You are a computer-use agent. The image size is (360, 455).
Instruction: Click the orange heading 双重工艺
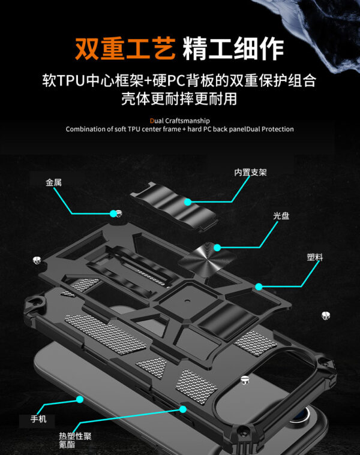(125, 48)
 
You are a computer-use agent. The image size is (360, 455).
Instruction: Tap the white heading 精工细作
(233, 48)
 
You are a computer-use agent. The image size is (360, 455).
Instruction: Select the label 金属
(53, 182)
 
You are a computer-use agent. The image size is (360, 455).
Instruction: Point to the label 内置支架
(250, 173)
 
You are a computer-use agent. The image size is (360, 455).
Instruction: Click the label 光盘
(281, 216)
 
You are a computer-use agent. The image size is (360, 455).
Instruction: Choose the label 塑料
(315, 257)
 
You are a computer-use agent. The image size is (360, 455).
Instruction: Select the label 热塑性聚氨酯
(75, 439)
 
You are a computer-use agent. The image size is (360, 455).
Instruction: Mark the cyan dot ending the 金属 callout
(112, 213)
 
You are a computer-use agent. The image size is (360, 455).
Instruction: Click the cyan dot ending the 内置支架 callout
(188, 202)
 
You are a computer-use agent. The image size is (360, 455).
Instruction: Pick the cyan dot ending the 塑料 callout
(259, 287)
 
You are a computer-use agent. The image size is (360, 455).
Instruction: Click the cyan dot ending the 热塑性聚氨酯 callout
(182, 409)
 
